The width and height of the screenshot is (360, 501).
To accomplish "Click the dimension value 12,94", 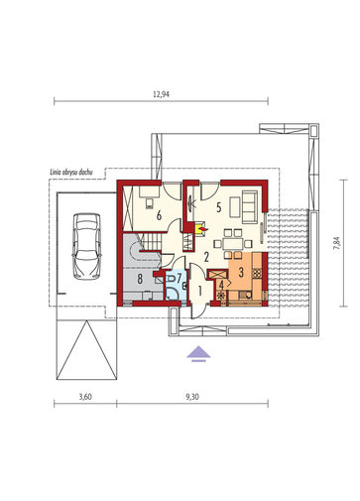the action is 161,94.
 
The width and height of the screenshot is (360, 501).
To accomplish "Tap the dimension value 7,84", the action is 337,243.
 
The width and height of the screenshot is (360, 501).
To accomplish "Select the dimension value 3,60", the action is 85,397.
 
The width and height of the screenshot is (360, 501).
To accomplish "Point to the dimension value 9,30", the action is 192,397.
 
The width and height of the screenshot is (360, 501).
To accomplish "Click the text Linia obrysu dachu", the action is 71,172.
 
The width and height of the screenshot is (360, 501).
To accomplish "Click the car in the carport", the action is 86,246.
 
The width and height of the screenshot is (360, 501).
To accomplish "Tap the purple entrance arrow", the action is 198,353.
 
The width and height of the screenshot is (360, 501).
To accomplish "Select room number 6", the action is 159,216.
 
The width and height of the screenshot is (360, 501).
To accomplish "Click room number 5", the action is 218,207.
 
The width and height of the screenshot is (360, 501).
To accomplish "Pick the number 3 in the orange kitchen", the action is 241,272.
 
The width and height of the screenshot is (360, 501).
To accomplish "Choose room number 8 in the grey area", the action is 140,279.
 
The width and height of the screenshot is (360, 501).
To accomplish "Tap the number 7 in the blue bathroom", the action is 180,278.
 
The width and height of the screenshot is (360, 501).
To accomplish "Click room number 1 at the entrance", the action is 199,291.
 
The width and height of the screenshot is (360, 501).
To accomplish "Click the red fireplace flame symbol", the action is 203,228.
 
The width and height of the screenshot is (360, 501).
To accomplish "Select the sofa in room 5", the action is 250,206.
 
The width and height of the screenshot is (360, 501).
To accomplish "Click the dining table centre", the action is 233,244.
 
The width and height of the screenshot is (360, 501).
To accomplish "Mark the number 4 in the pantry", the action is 221,284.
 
